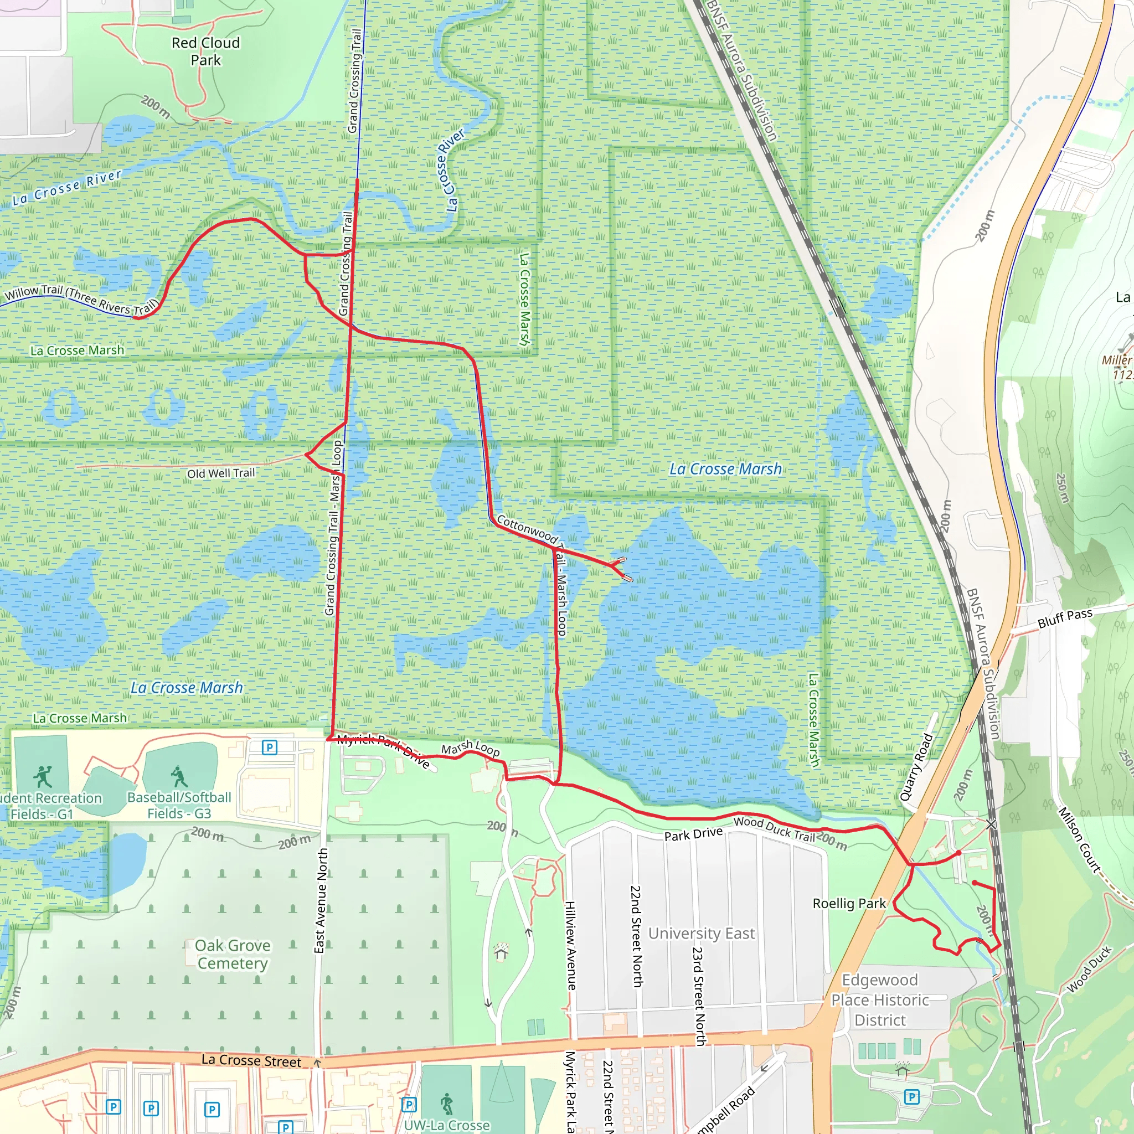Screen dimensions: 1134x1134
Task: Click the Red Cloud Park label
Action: (x=205, y=51)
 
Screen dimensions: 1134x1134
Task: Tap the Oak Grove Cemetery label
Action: (x=233, y=954)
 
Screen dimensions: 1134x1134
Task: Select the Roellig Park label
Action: (x=849, y=903)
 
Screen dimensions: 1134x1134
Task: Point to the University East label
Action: (x=701, y=933)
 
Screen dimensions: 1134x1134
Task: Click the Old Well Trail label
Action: (x=221, y=473)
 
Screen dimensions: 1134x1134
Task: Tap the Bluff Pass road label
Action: (x=1065, y=618)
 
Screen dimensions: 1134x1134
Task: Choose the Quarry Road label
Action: (x=916, y=766)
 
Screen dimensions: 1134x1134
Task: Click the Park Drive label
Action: (x=693, y=834)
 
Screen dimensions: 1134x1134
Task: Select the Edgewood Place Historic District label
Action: (x=879, y=999)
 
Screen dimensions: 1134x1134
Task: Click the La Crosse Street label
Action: (x=251, y=1060)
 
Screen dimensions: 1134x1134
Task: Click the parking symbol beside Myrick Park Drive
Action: (x=270, y=747)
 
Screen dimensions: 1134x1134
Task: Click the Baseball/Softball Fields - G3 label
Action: (x=179, y=805)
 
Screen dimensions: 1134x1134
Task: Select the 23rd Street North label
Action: (x=698, y=996)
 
